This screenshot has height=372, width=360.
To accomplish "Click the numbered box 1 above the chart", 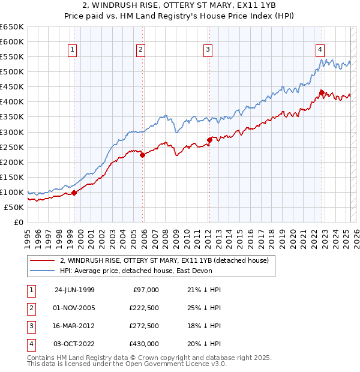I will click(x=72, y=50).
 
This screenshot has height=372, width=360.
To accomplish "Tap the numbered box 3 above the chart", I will click(x=208, y=50).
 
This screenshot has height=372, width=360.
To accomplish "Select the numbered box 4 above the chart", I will click(x=320, y=50).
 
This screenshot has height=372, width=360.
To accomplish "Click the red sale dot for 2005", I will click(x=143, y=155).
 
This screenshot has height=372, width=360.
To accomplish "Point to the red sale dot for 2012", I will click(x=209, y=140).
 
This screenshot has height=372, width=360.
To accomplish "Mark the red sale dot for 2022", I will click(x=322, y=92).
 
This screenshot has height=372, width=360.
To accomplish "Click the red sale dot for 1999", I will click(x=75, y=193).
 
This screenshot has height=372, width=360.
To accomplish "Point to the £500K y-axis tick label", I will click(x=12, y=71).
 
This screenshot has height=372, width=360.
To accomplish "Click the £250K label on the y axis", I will click(x=12, y=147).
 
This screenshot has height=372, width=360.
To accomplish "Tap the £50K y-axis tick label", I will click(x=14, y=207).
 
